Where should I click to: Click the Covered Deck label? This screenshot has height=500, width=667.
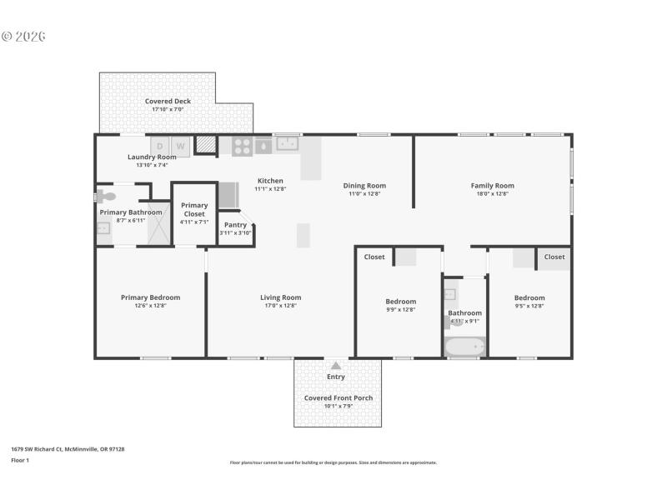(168, 101)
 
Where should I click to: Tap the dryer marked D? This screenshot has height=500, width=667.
(159, 147)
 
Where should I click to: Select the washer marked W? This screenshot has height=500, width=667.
(181, 147)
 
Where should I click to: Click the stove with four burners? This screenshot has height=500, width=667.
(242, 146)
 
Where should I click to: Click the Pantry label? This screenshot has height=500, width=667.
(235, 224)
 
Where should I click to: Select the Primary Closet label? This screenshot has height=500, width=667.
(194, 209)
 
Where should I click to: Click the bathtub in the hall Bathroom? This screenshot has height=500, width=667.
(464, 347)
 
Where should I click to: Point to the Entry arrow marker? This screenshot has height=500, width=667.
(336, 365)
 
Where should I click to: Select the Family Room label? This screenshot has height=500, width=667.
(492, 186)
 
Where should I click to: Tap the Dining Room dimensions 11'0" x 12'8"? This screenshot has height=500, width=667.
(364, 193)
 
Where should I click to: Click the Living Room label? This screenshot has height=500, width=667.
(280, 297)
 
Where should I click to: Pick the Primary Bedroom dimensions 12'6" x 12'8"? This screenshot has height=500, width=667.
(150, 306)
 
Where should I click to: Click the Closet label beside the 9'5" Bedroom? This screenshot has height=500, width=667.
(554, 257)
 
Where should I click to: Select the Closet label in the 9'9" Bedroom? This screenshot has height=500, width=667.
(374, 257)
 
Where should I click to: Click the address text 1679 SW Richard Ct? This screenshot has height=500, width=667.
(68, 449)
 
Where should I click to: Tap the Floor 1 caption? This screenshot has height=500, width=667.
(19, 460)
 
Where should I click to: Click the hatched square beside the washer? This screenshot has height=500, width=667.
(205, 146)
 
